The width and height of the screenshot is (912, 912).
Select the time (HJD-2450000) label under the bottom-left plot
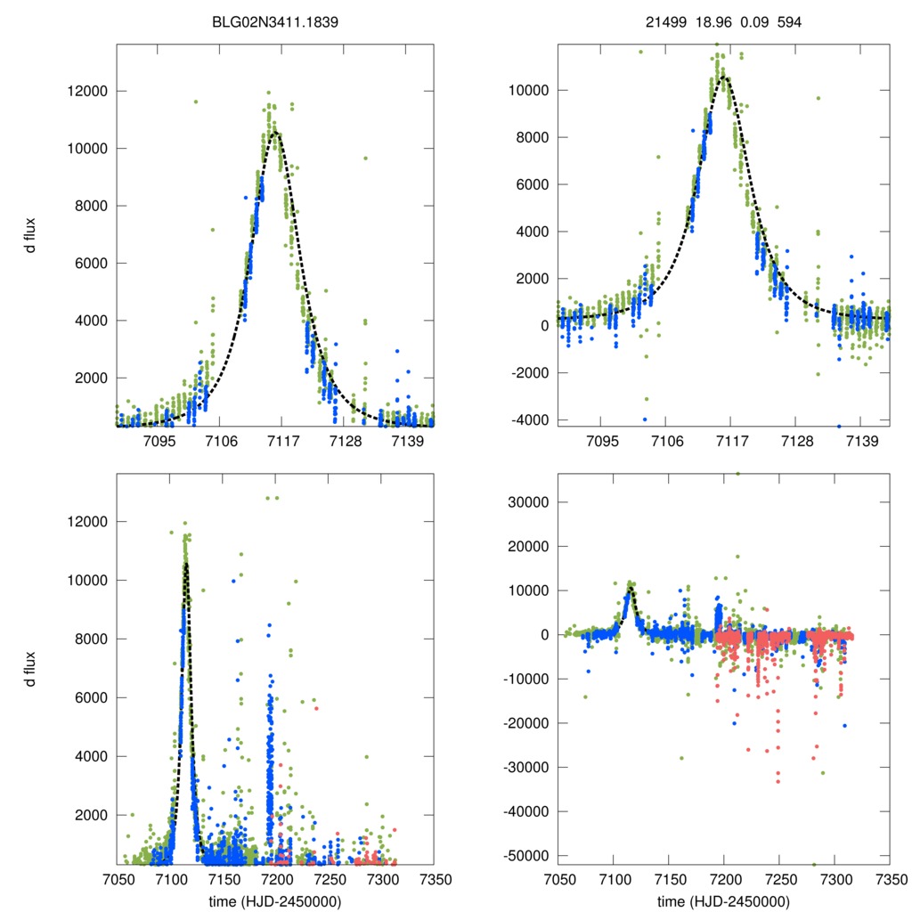pos(275,900)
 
